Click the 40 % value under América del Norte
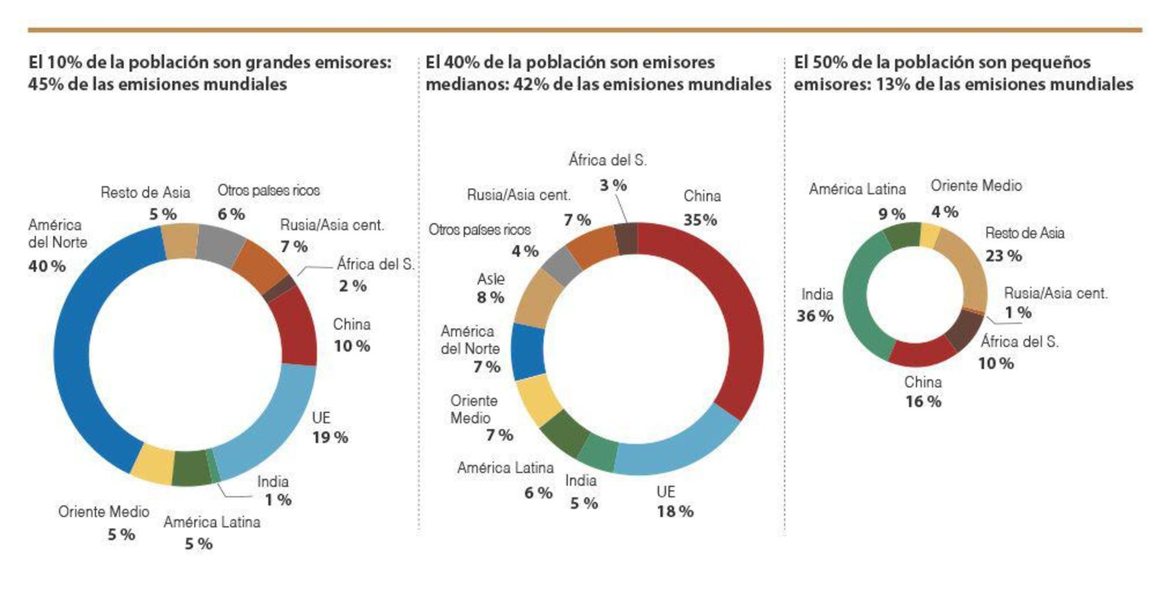pos(47,266)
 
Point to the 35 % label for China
pos(700,220)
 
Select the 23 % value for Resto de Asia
pos(1003,256)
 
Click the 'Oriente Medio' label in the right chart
pos(976,186)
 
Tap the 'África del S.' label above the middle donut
pos(607,160)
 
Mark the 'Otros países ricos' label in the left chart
pos(269,190)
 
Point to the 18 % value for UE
pos(675,512)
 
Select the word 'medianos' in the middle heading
pos(467,85)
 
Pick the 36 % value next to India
pos(815,316)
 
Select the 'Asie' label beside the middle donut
pos(491,279)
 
